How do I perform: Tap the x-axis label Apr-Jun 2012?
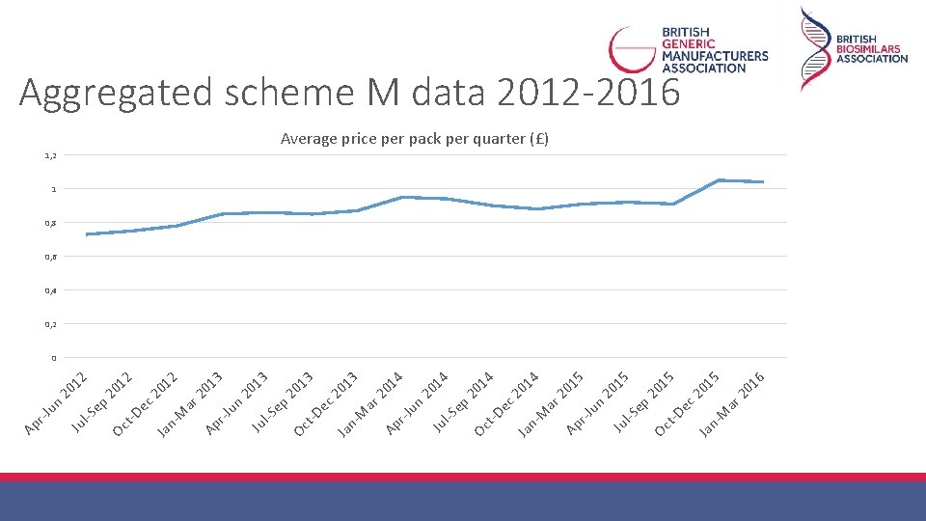pyautogui.click(x=56, y=404)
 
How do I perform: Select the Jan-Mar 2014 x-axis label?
pyautogui.click(x=370, y=404)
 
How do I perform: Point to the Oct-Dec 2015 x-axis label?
pyautogui.click(x=687, y=404)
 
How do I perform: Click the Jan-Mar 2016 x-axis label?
pyautogui.click(x=732, y=404)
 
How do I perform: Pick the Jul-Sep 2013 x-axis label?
pyautogui.click(x=282, y=403)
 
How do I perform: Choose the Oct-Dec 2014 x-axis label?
pyautogui.click(x=506, y=404)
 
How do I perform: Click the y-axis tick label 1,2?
pyautogui.click(x=51, y=155)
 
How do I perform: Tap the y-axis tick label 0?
pyautogui.click(x=54, y=358)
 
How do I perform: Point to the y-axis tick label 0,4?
pyautogui.click(x=51, y=290)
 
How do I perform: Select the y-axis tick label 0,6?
pyautogui.click(x=51, y=257)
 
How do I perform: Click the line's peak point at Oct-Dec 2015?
pyautogui.click(x=719, y=180)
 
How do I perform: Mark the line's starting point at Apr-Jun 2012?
pyautogui.click(x=87, y=234)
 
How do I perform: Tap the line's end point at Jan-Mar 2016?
pyautogui.click(x=764, y=182)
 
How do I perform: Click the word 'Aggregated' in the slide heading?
pyautogui.click(x=116, y=94)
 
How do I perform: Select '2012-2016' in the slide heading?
pyautogui.click(x=588, y=93)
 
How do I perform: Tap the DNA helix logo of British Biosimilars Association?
pyautogui.click(x=815, y=49)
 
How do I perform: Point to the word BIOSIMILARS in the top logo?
pyautogui.click(x=868, y=49)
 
